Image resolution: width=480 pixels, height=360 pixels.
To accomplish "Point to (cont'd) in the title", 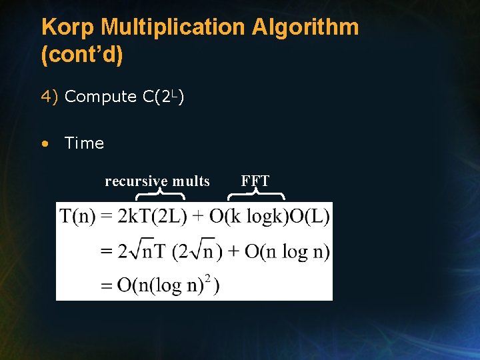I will [82, 55].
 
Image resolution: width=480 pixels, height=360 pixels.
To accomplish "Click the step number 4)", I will [51, 97].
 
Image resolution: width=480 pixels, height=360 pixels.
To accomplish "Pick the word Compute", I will [101, 97].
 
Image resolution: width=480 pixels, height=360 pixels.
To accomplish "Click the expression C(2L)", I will [163, 97].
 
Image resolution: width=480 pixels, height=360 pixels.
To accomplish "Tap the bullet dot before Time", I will [44, 143].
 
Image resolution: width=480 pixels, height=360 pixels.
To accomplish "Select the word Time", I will [84, 143].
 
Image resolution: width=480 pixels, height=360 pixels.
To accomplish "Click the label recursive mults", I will [157, 181].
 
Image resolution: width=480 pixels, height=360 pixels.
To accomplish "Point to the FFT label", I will [255, 181].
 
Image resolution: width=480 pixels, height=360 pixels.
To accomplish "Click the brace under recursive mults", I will [161, 195].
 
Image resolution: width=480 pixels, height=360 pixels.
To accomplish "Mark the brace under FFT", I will [257, 195].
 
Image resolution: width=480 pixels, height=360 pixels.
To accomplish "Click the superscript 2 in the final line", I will [208, 279].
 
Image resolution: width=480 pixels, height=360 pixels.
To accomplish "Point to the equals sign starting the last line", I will [107, 286].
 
